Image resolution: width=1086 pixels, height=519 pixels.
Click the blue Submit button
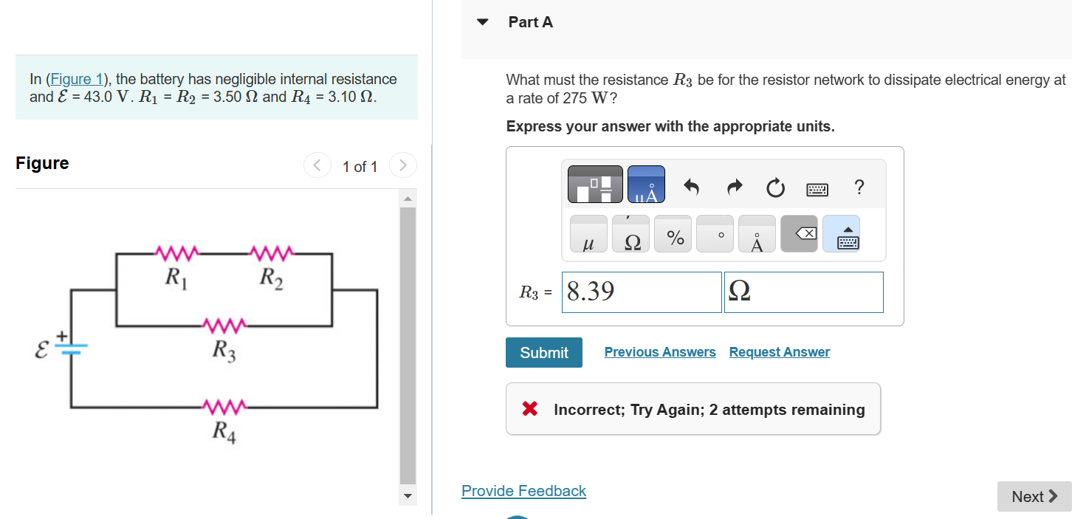click(x=543, y=353)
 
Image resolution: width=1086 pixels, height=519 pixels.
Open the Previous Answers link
click(x=659, y=352)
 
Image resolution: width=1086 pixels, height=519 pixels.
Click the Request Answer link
click(x=779, y=352)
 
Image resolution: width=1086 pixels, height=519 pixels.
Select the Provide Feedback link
click(x=523, y=491)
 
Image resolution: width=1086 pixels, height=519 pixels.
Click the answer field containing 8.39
click(x=641, y=292)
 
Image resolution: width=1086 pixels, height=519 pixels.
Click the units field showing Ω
click(x=803, y=292)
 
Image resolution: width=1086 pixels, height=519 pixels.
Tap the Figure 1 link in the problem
click(x=72, y=79)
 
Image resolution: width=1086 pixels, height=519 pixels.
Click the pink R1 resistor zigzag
click(x=176, y=253)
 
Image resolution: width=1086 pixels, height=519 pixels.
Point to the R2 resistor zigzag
click(x=272, y=253)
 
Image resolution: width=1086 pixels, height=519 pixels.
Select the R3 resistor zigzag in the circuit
click(x=224, y=325)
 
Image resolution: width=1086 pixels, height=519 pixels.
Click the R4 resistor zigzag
click(x=224, y=407)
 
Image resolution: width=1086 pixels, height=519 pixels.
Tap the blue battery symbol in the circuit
click(x=72, y=347)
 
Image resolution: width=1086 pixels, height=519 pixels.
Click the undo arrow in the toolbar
click(x=691, y=188)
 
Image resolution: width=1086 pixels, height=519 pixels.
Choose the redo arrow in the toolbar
click(x=733, y=188)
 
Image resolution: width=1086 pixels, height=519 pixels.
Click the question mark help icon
click(x=858, y=187)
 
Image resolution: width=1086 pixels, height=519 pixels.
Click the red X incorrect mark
click(x=529, y=409)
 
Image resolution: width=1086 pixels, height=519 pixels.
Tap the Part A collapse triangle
click(x=483, y=22)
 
